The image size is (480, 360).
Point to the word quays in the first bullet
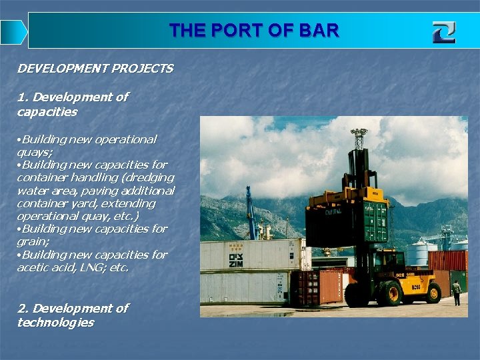(33, 152)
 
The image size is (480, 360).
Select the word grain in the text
(31, 241)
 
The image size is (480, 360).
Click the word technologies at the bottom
(55, 323)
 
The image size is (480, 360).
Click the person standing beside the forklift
(456, 292)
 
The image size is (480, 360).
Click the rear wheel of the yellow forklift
(433, 292)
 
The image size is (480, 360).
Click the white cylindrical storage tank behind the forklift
(417, 254)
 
